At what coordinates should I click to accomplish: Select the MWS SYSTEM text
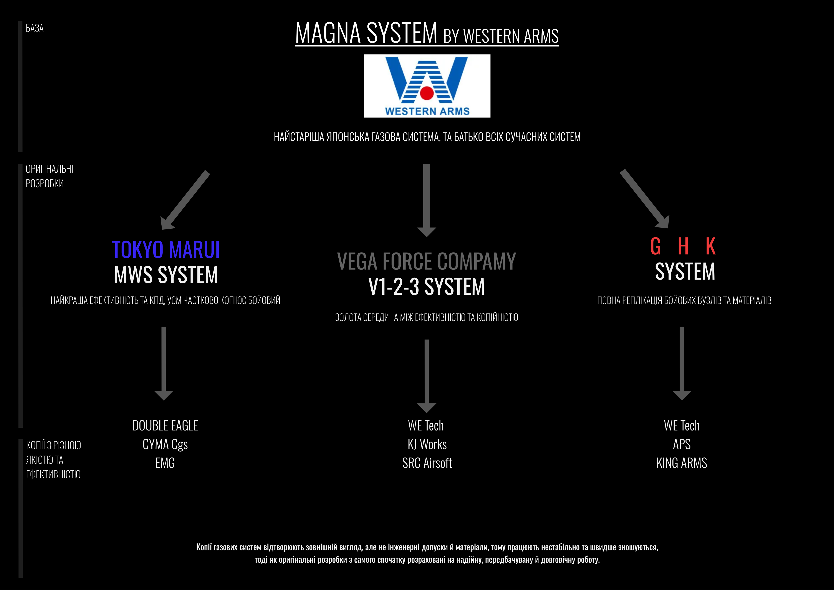click(x=166, y=275)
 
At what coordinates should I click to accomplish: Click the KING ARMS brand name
click(x=682, y=463)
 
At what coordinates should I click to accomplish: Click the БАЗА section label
click(x=35, y=28)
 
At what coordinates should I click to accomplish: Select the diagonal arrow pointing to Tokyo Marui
click(x=185, y=200)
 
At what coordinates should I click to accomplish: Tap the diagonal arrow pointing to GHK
click(x=645, y=199)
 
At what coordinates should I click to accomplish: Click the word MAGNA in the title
click(x=328, y=33)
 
